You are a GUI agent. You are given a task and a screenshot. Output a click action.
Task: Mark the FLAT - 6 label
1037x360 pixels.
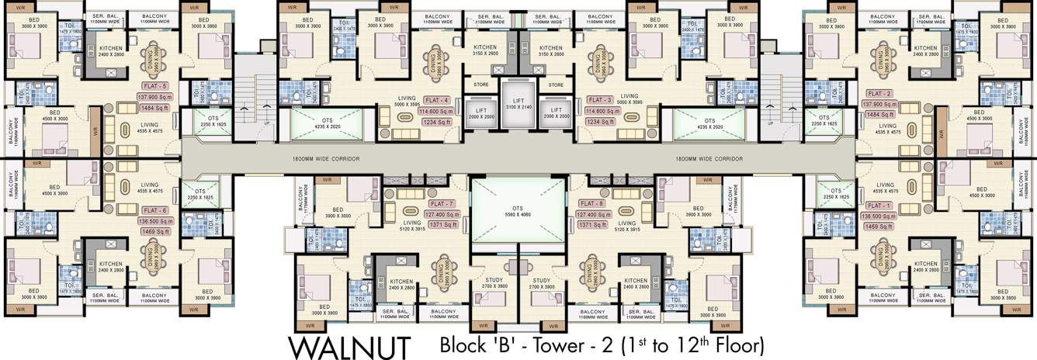[154, 210]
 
